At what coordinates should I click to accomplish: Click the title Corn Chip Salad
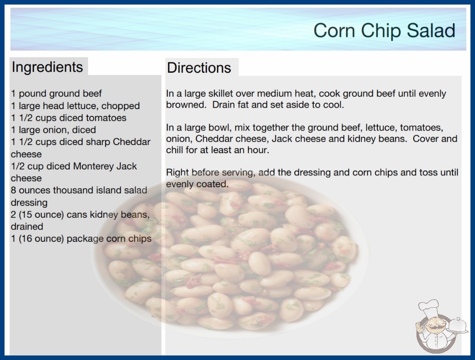[x=384, y=30]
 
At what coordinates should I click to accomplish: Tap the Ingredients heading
[x=47, y=67]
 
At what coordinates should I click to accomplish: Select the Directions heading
[x=199, y=68]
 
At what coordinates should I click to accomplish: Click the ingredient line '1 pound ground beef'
[x=56, y=94]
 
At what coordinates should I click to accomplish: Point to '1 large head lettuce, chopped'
[x=75, y=105]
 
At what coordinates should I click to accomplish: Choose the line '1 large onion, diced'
[x=53, y=130]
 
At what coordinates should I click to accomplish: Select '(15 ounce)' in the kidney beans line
[x=41, y=215]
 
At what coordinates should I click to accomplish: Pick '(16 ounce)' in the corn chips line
[x=41, y=239]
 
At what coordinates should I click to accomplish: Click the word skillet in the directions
[x=220, y=94]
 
